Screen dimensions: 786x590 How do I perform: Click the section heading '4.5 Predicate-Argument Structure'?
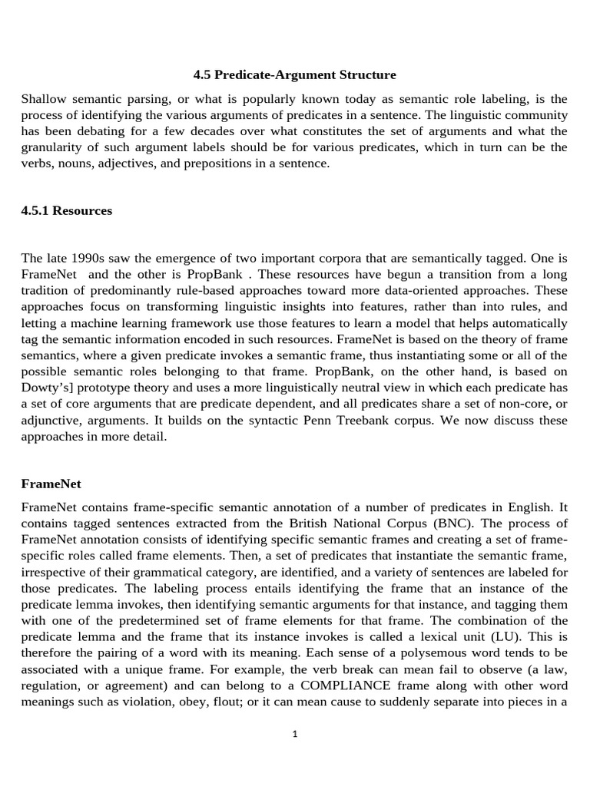pyautogui.click(x=294, y=75)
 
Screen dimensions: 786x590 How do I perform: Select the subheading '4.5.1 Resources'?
pyautogui.click(x=66, y=210)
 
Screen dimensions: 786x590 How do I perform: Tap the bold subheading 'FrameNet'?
pyautogui.click(x=51, y=484)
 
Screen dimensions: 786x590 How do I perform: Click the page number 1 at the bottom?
pyautogui.click(x=295, y=734)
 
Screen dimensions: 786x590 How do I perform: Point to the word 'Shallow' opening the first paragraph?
pyautogui.click(x=44, y=99)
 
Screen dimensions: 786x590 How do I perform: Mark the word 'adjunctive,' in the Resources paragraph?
pyautogui.click(x=52, y=421)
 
